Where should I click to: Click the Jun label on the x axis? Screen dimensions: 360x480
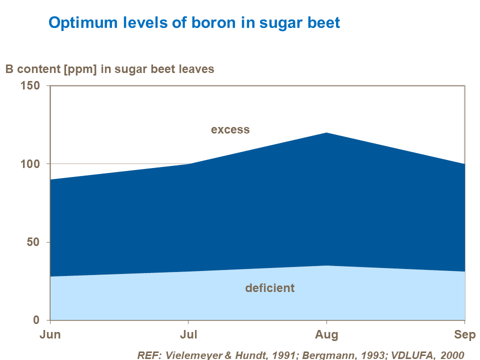pyautogui.click(x=50, y=334)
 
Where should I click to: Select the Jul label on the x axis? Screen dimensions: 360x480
pyautogui.click(x=188, y=334)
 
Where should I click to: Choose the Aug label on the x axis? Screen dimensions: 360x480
pyautogui.click(x=326, y=334)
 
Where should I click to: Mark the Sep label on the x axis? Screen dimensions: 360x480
pyautogui.click(x=464, y=334)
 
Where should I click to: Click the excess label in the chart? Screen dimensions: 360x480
pyautogui.click(x=230, y=129)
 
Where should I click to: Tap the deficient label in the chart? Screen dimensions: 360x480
pyautogui.click(x=269, y=288)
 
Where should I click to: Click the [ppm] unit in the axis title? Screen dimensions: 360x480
pyautogui.click(x=80, y=69)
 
